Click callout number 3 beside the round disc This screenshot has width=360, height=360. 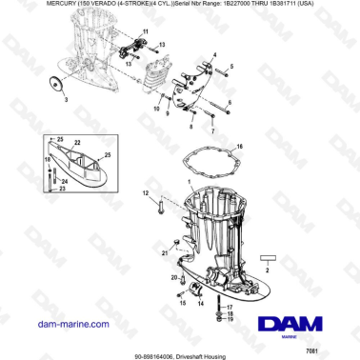pyautogui.click(x=65, y=98)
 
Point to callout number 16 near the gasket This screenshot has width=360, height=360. pyautogui.click(x=241, y=146)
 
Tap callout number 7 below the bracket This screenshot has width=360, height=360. pyautogui.click(x=212, y=129)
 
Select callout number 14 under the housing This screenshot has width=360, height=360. pyautogui.click(x=200, y=304)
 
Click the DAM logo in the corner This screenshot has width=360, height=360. pyautogui.click(x=305, y=322)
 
